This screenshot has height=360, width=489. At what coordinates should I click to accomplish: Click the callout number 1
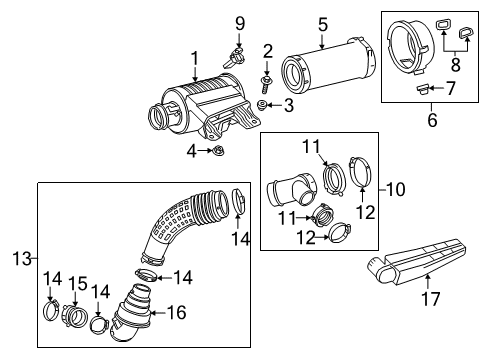click(196, 59)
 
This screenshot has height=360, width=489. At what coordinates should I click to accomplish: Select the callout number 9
click(239, 22)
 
